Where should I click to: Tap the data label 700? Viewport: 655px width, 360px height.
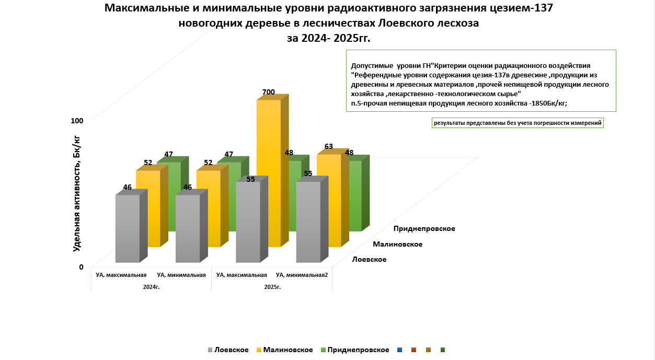268,92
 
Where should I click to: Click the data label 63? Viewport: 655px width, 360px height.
329,146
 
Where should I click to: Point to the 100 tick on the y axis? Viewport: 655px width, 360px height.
77,121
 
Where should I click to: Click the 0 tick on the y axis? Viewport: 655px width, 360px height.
81,267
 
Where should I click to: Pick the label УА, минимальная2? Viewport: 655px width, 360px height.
302,275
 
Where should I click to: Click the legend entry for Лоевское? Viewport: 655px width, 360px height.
228,350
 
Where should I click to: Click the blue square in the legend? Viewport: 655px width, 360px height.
400,350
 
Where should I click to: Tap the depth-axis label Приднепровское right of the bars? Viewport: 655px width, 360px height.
424,229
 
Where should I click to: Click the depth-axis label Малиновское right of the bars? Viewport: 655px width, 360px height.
397,244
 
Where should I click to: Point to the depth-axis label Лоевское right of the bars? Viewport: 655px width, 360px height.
369,260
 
